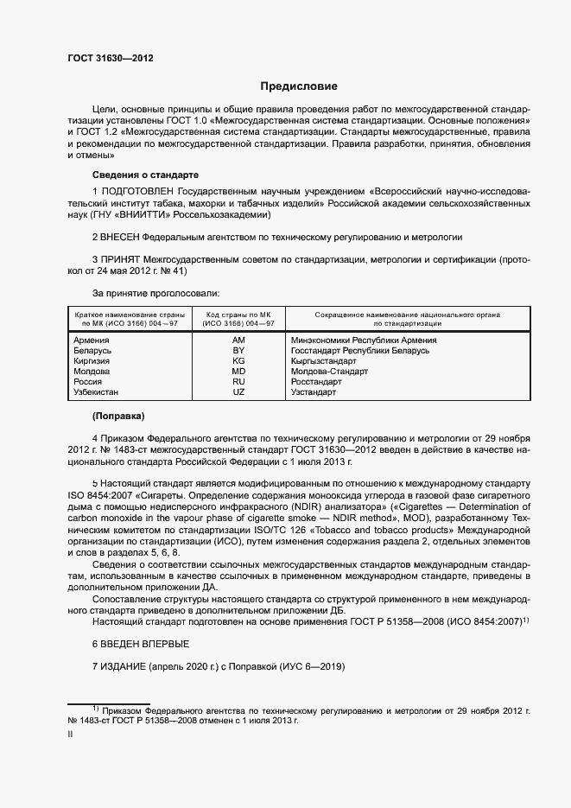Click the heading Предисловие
click(x=299, y=86)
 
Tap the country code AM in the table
click(x=238, y=340)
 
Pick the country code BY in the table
click(x=238, y=351)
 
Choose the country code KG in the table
click(x=238, y=361)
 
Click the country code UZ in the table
click(x=238, y=392)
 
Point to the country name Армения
click(x=92, y=340)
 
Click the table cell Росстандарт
click(x=316, y=382)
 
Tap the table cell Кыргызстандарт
click(x=323, y=361)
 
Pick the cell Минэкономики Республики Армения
click(x=363, y=340)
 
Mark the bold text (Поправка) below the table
click(x=118, y=417)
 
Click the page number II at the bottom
click(x=70, y=734)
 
